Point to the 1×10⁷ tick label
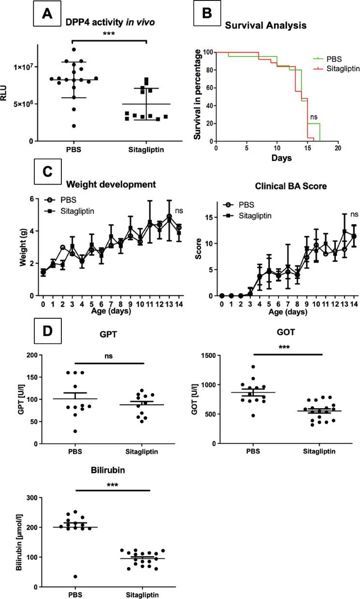click(22, 67)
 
